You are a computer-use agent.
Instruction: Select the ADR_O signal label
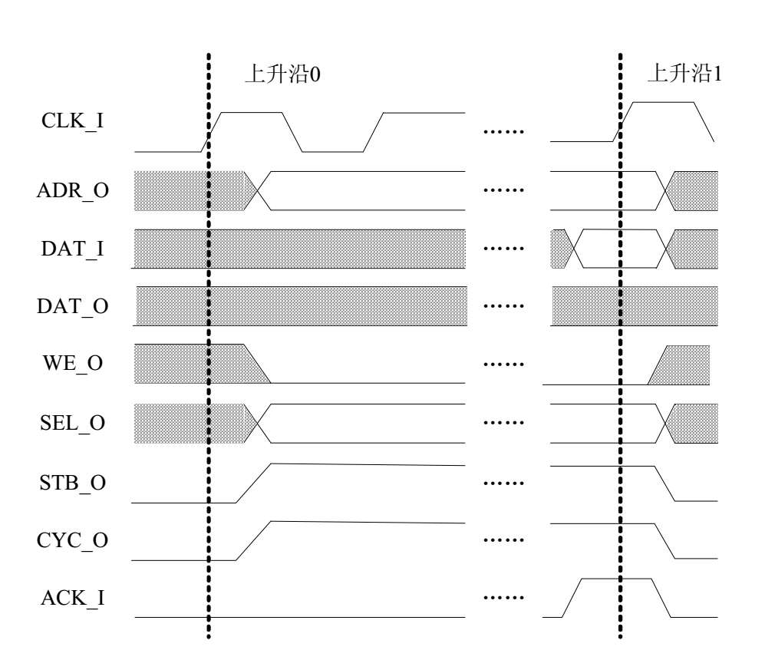(72, 190)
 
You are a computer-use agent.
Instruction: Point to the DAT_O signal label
(72, 306)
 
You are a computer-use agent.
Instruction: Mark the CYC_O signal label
(72, 540)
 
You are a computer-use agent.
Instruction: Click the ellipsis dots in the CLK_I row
(503, 132)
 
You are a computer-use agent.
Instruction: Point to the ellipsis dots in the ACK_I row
(503, 597)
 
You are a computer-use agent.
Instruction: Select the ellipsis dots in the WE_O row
(503, 365)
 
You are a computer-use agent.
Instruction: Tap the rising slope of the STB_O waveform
(253, 483)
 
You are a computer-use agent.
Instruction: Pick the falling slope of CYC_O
(664, 541)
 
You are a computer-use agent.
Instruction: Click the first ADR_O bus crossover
(257, 190)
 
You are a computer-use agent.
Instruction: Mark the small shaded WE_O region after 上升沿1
(681, 365)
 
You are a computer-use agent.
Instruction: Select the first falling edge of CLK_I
(292, 132)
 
